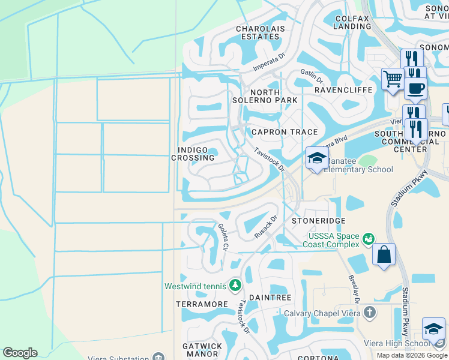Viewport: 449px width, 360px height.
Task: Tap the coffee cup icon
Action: pyautogui.click(x=415, y=88)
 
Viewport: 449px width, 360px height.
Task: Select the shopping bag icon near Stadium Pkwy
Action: pyautogui.click(x=384, y=254)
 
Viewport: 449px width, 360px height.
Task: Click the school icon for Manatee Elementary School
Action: pyautogui.click(x=317, y=158)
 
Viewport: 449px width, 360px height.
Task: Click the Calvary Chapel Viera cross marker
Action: pyautogui.click(x=370, y=313)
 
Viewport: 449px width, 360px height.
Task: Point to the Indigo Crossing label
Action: pyautogui.click(x=193, y=154)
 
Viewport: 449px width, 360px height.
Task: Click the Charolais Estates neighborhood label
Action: pyautogui.click(x=258, y=32)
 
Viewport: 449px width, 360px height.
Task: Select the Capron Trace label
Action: pyautogui.click(x=276, y=131)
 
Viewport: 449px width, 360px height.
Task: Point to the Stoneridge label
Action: pyautogui.click(x=318, y=221)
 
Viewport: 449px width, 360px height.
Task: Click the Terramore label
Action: pyautogui.click(x=202, y=304)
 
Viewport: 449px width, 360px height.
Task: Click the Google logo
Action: pyautogui.click(x=20, y=353)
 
